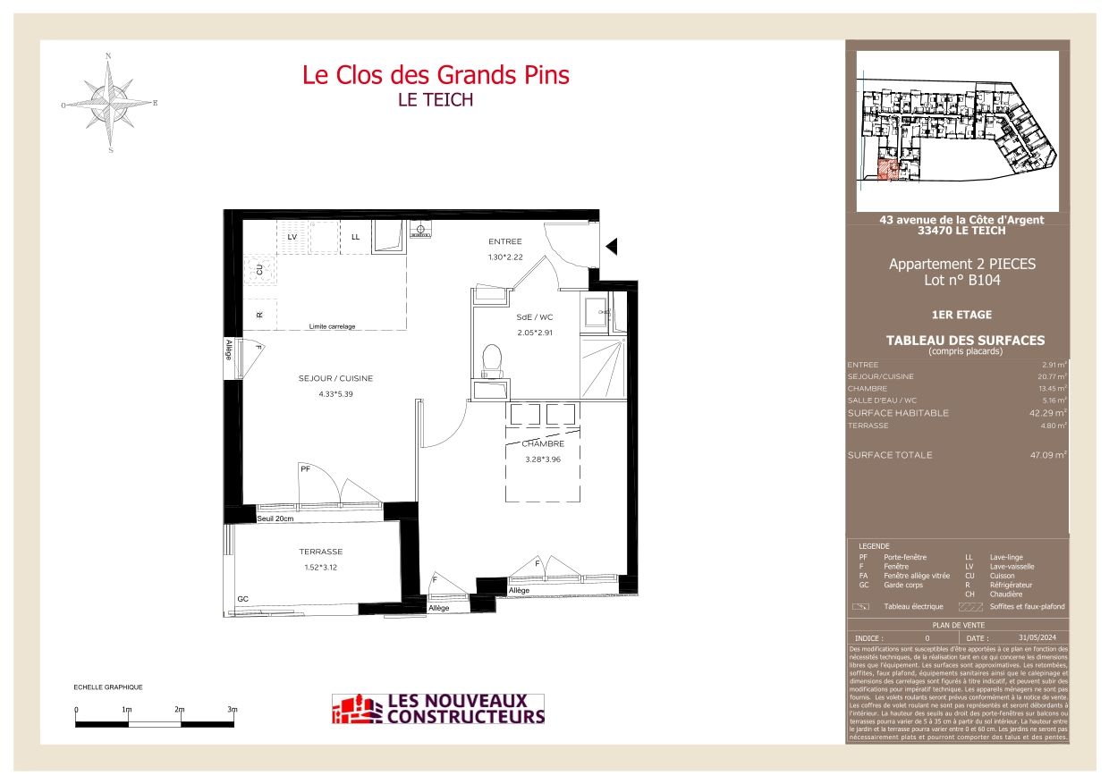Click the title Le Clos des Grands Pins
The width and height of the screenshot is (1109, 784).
[x=435, y=75]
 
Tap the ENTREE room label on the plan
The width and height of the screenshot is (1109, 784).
[x=504, y=241]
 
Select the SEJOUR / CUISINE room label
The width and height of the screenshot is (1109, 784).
[x=335, y=378]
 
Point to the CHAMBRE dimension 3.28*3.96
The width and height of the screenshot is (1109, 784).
[x=542, y=459]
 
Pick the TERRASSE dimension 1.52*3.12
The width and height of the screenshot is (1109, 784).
[x=320, y=567]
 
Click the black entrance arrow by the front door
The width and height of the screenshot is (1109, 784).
[x=612, y=246]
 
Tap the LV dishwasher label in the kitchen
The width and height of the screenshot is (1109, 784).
[x=292, y=236]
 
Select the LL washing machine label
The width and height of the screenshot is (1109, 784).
[x=355, y=236]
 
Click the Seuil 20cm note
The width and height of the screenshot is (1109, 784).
[x=275, y=518]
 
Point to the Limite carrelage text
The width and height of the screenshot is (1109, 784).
[x=332, y=326]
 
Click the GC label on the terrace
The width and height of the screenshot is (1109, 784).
[x=242, y=598]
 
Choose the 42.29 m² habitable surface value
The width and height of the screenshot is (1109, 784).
[x=1047, y=413]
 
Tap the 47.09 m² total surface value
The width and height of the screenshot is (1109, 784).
[x=1047, y=455]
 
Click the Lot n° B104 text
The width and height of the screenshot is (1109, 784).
[x=961, y=280]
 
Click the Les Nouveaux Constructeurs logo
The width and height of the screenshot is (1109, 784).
[x=437, y=709]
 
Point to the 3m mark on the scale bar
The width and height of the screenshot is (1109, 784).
[x=232, y=710]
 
